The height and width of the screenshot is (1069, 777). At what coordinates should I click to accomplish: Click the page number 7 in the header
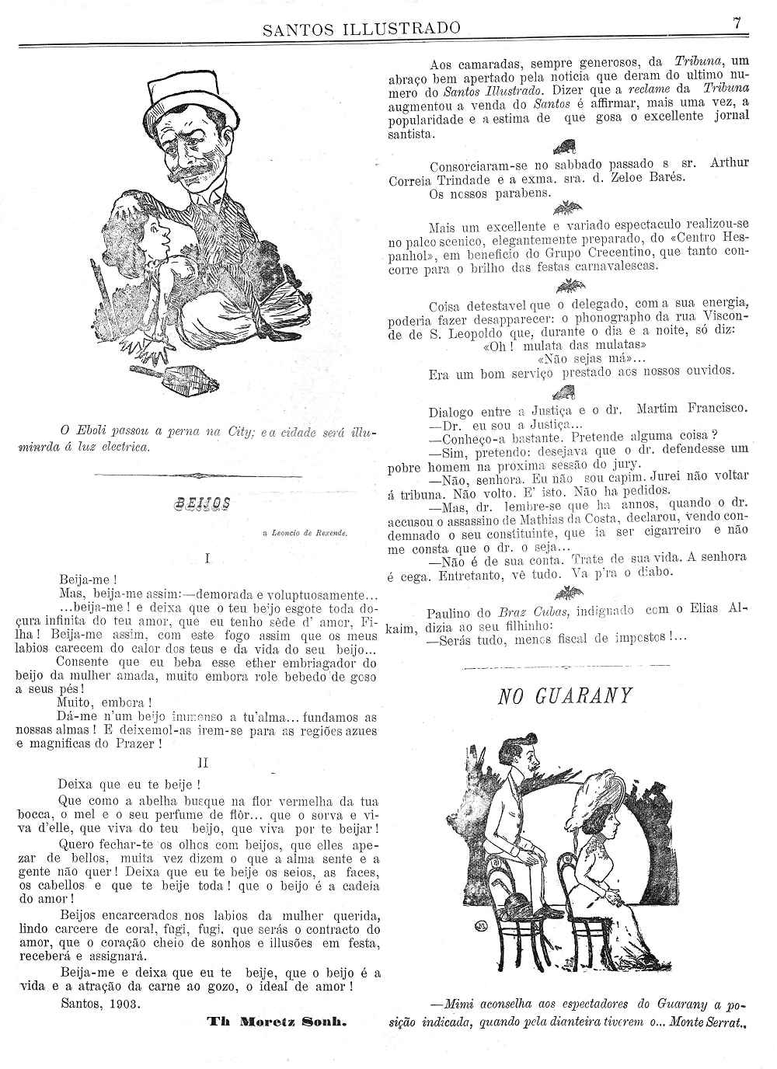pyautogui.click(x=737, y=23)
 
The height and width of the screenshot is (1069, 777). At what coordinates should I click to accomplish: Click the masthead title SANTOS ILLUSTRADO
pyautogui.click(x=361, y=30)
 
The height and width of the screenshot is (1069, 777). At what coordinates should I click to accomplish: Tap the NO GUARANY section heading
pyautogui.click(x=564, y=695)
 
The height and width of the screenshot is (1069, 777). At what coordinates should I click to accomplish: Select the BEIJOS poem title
pyautogui.click(x=204, y=503)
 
